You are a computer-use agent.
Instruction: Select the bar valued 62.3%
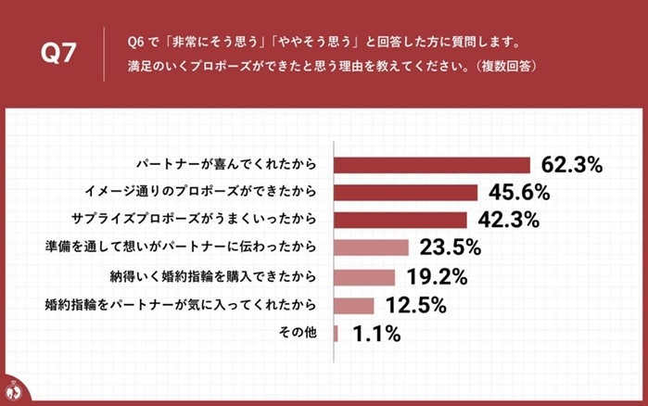click(431, 165)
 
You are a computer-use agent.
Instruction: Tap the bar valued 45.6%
click(405, 193)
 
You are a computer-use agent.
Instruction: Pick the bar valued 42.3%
click(400, 221)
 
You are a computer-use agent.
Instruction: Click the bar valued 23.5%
click(371, 247)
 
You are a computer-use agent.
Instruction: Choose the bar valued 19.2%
click(364, 276)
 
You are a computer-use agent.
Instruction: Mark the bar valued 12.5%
click(353, 305)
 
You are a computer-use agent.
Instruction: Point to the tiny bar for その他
click(336, 333)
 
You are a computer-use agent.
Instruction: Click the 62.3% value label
click(572, 166)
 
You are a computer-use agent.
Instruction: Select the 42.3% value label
click(508, 221)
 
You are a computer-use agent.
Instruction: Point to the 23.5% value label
click(450, 247)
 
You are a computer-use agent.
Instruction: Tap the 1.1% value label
click(375, 334)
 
